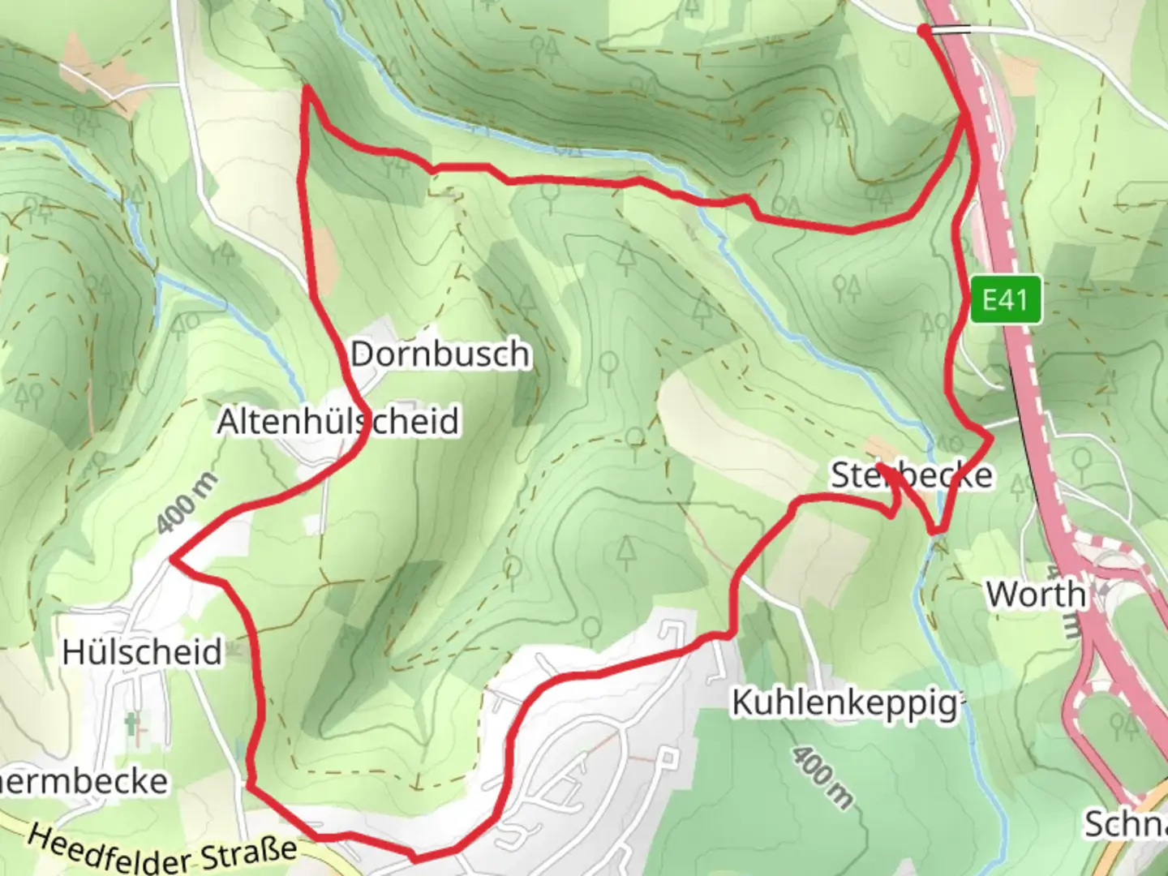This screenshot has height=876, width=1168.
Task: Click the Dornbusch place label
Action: [x=440, y=354]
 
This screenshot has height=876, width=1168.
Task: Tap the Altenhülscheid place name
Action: [x=338, y=421]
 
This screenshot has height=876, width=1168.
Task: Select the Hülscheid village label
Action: [x=142, y=651]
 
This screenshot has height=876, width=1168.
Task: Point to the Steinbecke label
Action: [x=911, y=475]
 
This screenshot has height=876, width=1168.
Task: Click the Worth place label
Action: [x=1036, y=594]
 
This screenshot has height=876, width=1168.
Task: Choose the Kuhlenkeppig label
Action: [x=846, y=702]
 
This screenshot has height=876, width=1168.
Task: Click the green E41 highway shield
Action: [x=1005, y=300]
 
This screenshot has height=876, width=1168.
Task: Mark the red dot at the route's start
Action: [x=924, y=31]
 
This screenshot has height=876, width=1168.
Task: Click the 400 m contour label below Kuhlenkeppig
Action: [x=822, y=778]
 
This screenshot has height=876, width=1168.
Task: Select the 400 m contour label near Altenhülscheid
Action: [x=187, y=504]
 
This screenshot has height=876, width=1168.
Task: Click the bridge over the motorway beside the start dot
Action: [x=951, y=30]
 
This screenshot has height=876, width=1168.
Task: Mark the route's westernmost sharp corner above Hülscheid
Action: [x=173, y=559]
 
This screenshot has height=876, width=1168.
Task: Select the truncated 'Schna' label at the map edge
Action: [x=1127, y=824]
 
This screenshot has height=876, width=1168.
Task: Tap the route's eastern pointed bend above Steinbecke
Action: [x=991, y=437]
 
